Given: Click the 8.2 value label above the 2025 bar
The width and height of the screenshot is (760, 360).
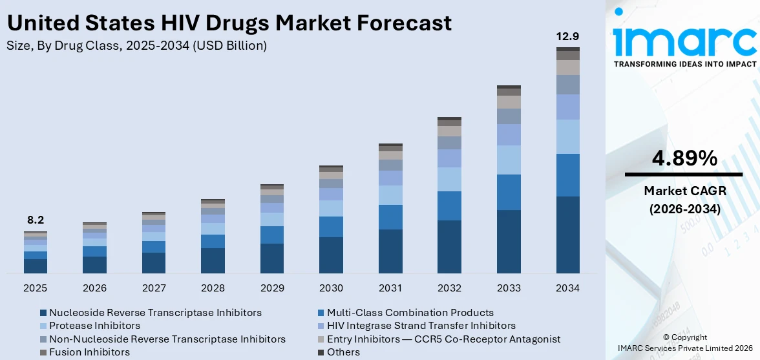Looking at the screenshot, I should tap(36, 220).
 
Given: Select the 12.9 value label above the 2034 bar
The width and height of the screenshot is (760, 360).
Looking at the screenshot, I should tap(567, 36).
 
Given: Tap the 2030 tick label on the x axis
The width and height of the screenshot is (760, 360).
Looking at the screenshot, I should tap(331, 288).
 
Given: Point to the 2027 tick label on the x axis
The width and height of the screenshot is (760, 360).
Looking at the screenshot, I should tap(154, 288).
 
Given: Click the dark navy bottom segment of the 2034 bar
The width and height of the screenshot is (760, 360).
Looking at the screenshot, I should tap(567, 235).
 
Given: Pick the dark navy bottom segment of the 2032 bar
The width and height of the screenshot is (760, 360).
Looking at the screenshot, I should tap(449, 246).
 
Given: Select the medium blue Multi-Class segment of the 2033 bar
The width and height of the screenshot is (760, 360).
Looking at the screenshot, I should tap(509, 192).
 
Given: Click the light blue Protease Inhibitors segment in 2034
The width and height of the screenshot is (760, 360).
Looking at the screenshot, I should tap(567, 136).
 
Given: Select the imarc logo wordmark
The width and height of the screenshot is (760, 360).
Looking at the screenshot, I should tap(684, 41).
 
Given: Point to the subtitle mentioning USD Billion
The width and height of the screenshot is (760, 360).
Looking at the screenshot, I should tap(136, 45).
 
